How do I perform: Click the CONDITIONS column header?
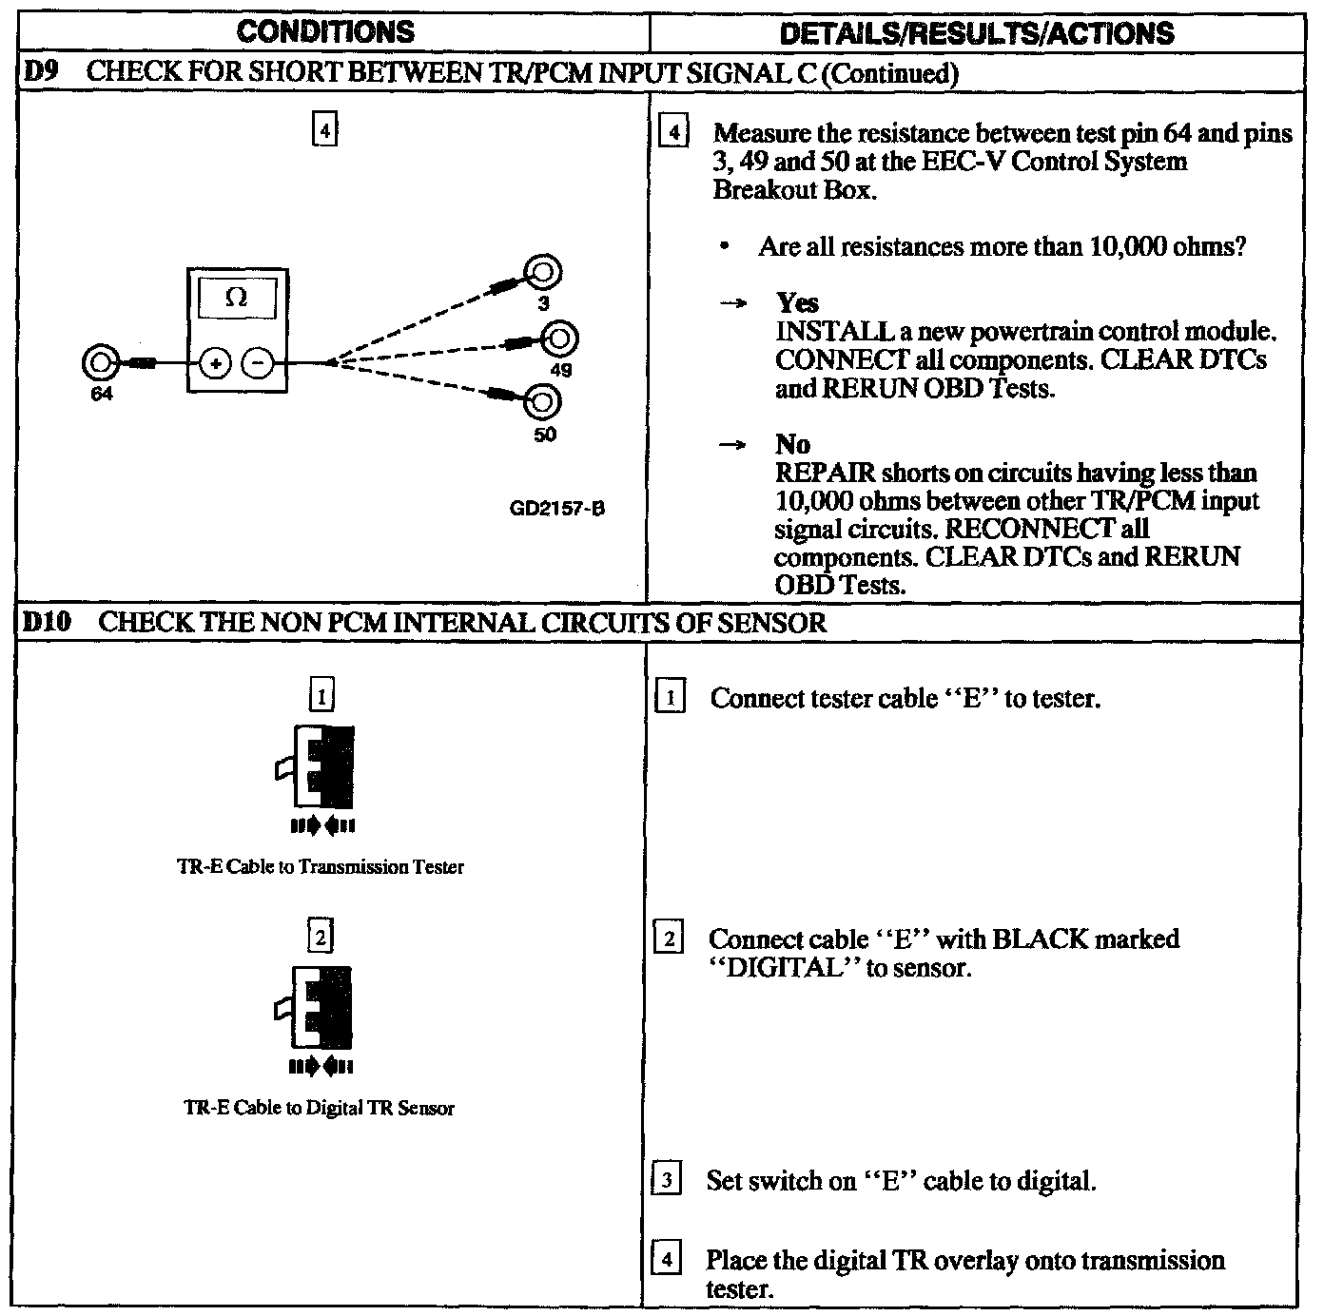point(325,32)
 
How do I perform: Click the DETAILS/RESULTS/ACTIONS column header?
point(977,33)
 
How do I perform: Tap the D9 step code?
point(36,73)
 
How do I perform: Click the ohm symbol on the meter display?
point(237,297)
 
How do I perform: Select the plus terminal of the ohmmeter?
point(216,363)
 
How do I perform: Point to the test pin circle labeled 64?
point(99,363)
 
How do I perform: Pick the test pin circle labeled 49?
point(560,339)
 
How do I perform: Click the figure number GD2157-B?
point(557,509)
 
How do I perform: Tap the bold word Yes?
point(797,302)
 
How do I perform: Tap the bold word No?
point(792,444)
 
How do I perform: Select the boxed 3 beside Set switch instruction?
point(667,1181)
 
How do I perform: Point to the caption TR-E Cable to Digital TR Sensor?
point(319,1108)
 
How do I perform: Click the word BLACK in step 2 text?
point(1040,939)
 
